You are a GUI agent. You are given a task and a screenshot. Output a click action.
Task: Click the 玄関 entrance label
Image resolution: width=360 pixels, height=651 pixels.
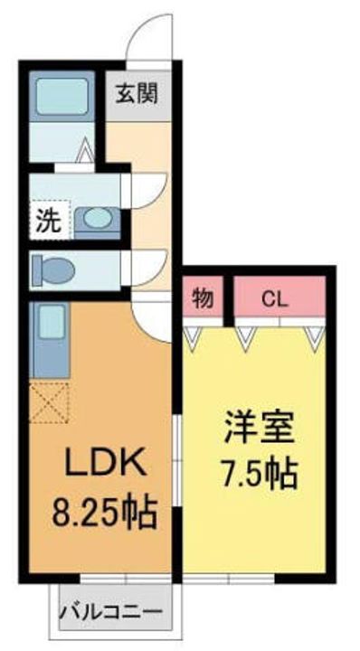click(137, 94)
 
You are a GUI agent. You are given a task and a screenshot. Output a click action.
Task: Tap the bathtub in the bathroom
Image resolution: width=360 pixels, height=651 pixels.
click(62, 96)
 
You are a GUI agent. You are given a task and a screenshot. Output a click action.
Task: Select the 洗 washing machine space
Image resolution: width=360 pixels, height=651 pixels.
click(50, 220)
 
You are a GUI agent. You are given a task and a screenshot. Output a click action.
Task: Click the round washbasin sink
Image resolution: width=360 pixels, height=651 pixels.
click(98, 219)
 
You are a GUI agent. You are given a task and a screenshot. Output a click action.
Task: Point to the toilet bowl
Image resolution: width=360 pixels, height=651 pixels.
click(53, 270)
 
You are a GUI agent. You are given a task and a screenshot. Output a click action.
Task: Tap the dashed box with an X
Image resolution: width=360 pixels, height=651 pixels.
click(50, 402)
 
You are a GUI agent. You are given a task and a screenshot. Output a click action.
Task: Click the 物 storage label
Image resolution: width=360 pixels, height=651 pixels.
click(203, 298)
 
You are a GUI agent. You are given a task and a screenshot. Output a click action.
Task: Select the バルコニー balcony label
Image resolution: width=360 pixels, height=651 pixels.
click(111, 611)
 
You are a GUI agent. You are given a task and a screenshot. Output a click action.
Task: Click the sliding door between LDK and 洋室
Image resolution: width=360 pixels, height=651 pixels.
click(177, 461)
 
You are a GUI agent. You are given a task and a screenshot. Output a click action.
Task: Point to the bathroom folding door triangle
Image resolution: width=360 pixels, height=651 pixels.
click(85, 149)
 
